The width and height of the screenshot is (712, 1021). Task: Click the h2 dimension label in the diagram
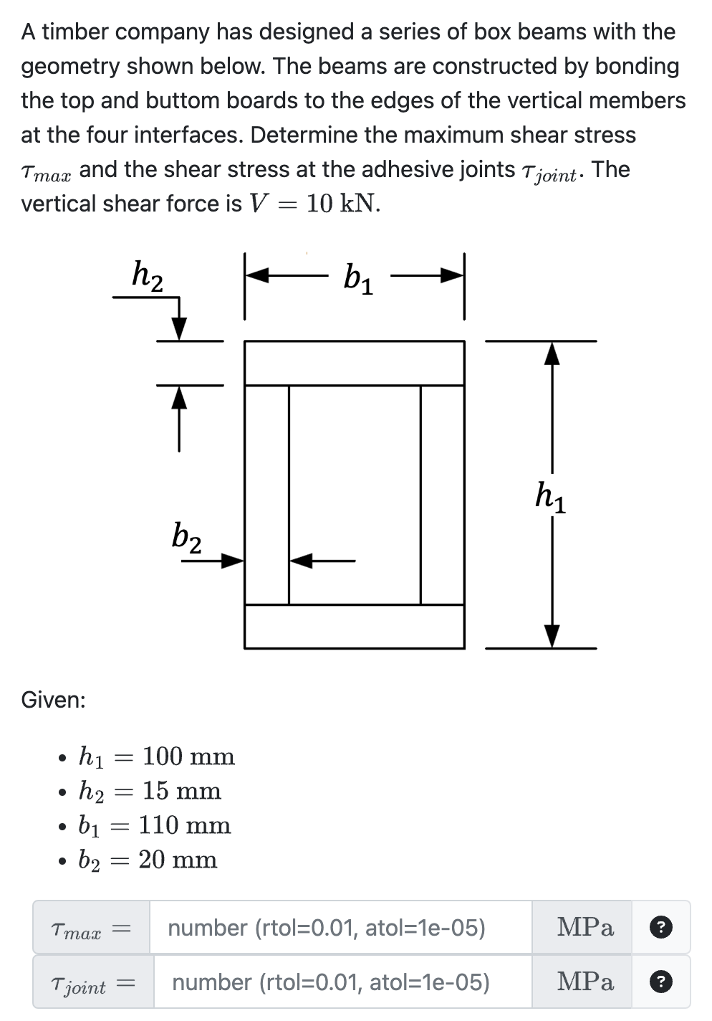coord(148,275)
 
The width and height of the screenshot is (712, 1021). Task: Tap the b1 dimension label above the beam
coord(358,278)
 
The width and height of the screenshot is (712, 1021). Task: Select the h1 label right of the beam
coord(550,496)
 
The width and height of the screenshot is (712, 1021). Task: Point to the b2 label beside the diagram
coord(186,536)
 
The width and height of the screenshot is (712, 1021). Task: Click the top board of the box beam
coord(354,364)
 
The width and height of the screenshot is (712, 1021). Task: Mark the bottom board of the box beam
coord(354,627)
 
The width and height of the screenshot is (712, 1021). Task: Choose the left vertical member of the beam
coord(266,495)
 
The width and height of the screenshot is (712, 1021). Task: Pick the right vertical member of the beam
coord(442,495)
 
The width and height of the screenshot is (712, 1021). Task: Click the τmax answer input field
coord(340,928)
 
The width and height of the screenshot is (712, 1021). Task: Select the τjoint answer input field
coord(342,982)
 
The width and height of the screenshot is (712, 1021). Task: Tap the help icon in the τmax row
coord(660,928)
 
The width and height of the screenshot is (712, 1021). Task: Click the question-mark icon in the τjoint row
coord(660,982)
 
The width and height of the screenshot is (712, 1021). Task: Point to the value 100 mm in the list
coord(188,756)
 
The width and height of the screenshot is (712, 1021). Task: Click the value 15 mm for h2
coord(182,791)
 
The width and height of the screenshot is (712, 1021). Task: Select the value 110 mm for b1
coord(185,825)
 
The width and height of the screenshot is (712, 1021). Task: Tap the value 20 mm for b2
coord(178,860)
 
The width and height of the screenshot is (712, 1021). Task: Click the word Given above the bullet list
coord(53,700)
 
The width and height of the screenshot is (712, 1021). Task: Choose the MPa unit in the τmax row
coord(585,928)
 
